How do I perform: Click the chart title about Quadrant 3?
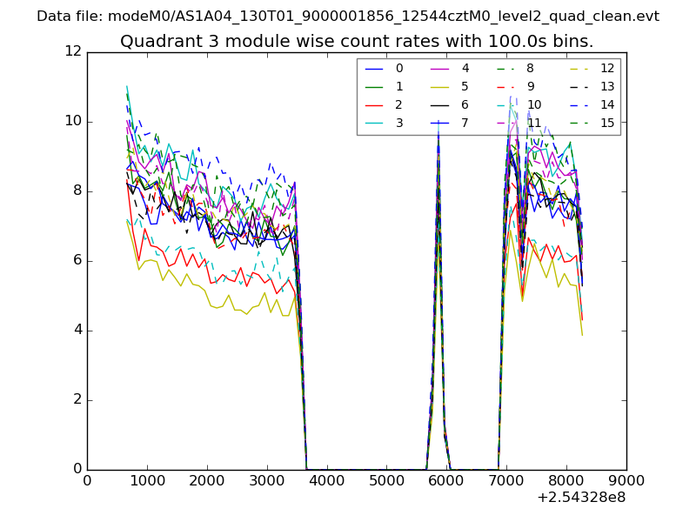coord(357,41)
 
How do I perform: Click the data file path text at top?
coord(348,16)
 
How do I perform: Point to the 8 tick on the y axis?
coord(77,191)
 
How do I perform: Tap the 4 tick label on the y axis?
coord(77,330)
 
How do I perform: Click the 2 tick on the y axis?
coord(77,399)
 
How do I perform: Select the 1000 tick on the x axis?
coord(147,480)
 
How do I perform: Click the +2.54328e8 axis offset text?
coord(581,498)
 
